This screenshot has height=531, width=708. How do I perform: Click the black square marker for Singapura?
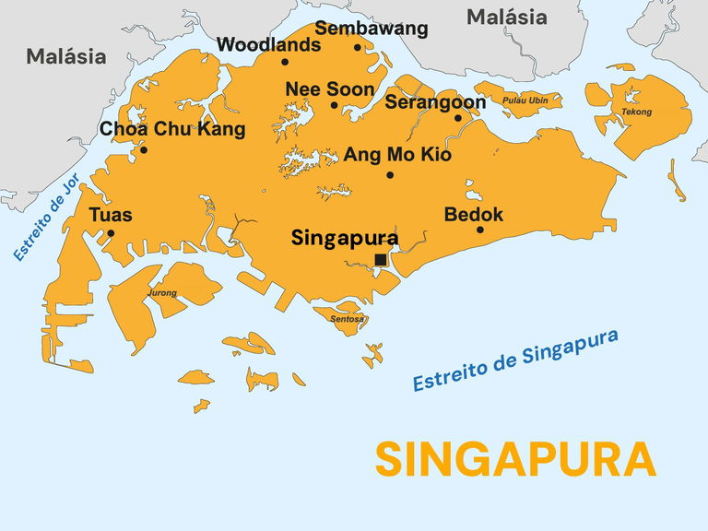(381, 260)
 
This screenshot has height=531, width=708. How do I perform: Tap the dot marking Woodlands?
(285, 63)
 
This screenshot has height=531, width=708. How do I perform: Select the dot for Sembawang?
(358, 48)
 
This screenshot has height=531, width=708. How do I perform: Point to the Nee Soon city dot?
(335, 105)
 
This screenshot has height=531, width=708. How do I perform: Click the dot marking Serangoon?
(458, 118)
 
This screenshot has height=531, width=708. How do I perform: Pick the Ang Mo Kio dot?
(390, 175)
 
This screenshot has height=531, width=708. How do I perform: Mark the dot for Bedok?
(480, 230)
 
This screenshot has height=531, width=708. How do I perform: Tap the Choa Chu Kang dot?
(143, 150)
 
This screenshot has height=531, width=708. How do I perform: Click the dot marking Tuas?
(111, 233)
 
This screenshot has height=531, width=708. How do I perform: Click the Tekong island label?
(636, 112)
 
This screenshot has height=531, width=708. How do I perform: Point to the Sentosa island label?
(347, 320)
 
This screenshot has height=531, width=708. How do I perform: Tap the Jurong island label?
(162, 294)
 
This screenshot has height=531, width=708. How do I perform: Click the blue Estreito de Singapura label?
(514, 360)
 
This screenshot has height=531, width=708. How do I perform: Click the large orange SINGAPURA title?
(515, 459)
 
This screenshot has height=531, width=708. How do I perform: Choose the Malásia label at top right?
(506, 17)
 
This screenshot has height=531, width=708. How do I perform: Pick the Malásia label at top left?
(65, 56)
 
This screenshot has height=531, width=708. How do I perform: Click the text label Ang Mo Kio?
(397, 155)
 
